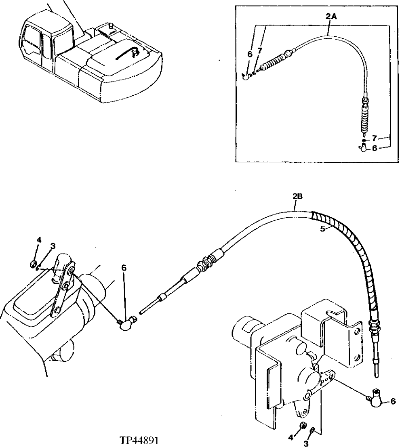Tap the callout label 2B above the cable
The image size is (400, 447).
297,197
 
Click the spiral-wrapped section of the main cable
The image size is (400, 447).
347,242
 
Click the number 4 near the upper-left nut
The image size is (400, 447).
39,240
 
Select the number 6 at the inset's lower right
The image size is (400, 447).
375,148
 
